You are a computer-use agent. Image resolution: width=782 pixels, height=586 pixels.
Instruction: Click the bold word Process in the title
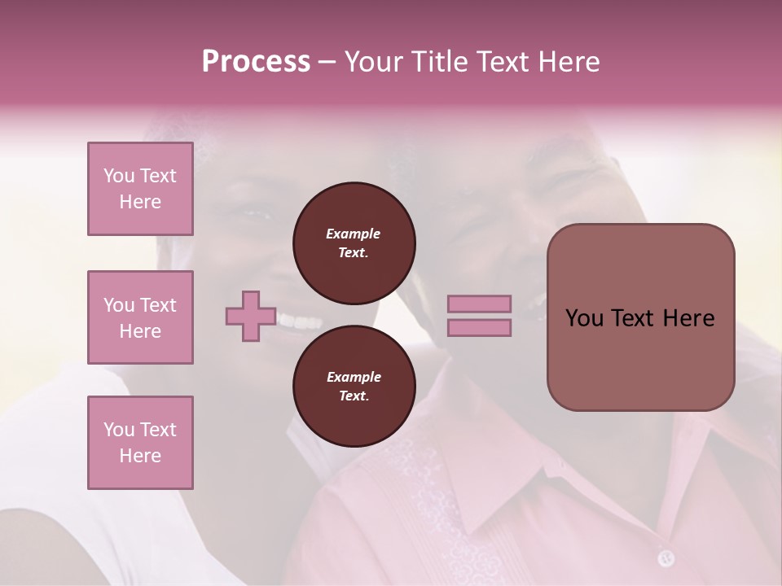256,62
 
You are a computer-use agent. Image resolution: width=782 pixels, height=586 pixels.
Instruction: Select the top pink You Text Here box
140,189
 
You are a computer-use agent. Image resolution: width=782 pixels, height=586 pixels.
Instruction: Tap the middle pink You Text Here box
140,317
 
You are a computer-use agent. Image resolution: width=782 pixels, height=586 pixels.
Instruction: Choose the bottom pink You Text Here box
140,443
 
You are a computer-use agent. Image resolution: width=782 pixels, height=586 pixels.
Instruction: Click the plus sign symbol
251,316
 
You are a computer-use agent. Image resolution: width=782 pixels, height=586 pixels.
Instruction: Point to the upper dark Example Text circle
354,243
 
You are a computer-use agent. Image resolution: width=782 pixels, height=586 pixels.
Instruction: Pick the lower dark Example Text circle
354,387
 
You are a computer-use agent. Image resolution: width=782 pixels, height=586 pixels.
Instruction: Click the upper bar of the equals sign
479,304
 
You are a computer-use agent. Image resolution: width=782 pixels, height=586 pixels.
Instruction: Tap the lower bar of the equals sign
479,327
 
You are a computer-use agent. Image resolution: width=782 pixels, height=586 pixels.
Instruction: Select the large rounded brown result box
640,317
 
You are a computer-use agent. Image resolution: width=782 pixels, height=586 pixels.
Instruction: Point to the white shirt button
666,558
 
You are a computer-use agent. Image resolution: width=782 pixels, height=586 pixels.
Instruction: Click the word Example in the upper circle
354,234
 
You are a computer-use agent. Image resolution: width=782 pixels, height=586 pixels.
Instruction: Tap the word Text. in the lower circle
354,396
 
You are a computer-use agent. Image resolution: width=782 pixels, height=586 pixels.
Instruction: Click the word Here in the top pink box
140,202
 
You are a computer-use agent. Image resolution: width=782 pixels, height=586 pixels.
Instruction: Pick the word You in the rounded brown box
583,318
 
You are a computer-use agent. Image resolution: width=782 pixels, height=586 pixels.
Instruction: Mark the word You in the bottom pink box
119,430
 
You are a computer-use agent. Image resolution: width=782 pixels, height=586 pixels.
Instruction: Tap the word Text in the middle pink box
157,305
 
